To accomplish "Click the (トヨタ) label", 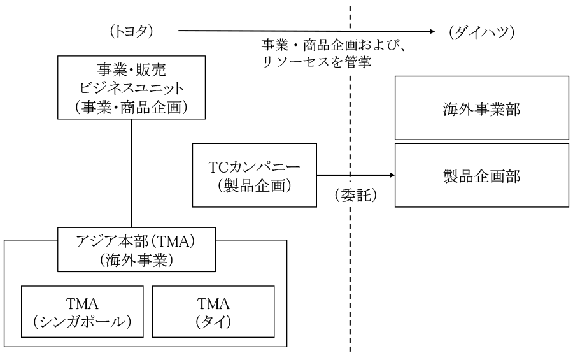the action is tap(131, 31).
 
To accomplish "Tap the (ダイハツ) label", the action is tap(482, 32).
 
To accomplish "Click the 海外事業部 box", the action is tap(482, 108).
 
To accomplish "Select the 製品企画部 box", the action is tap(482, 175).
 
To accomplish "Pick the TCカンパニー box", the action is tap(254, 175).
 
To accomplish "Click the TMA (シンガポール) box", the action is tap(82, 312).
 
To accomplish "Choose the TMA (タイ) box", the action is tap(213, 312).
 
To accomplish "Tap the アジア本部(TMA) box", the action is tap(137, 250).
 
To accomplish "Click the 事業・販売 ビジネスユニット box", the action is tap(132, 87).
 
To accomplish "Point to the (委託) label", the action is tap(355, 195).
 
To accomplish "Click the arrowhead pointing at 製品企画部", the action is tap(392, 175).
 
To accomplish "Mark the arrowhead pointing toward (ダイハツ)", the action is tap(432, 31).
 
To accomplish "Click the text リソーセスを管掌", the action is tap(316, 61).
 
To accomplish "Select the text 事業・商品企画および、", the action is tap(334, 45).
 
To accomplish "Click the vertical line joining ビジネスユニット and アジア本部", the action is tap(132, 173).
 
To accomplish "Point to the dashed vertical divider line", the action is tap(350, 178).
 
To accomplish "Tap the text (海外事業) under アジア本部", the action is tap(137, 260).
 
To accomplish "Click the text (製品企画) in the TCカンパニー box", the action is tap(254, 185).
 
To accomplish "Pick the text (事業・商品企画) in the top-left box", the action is tap(132, 107).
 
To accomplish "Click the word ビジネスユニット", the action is tap(132, 88).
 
